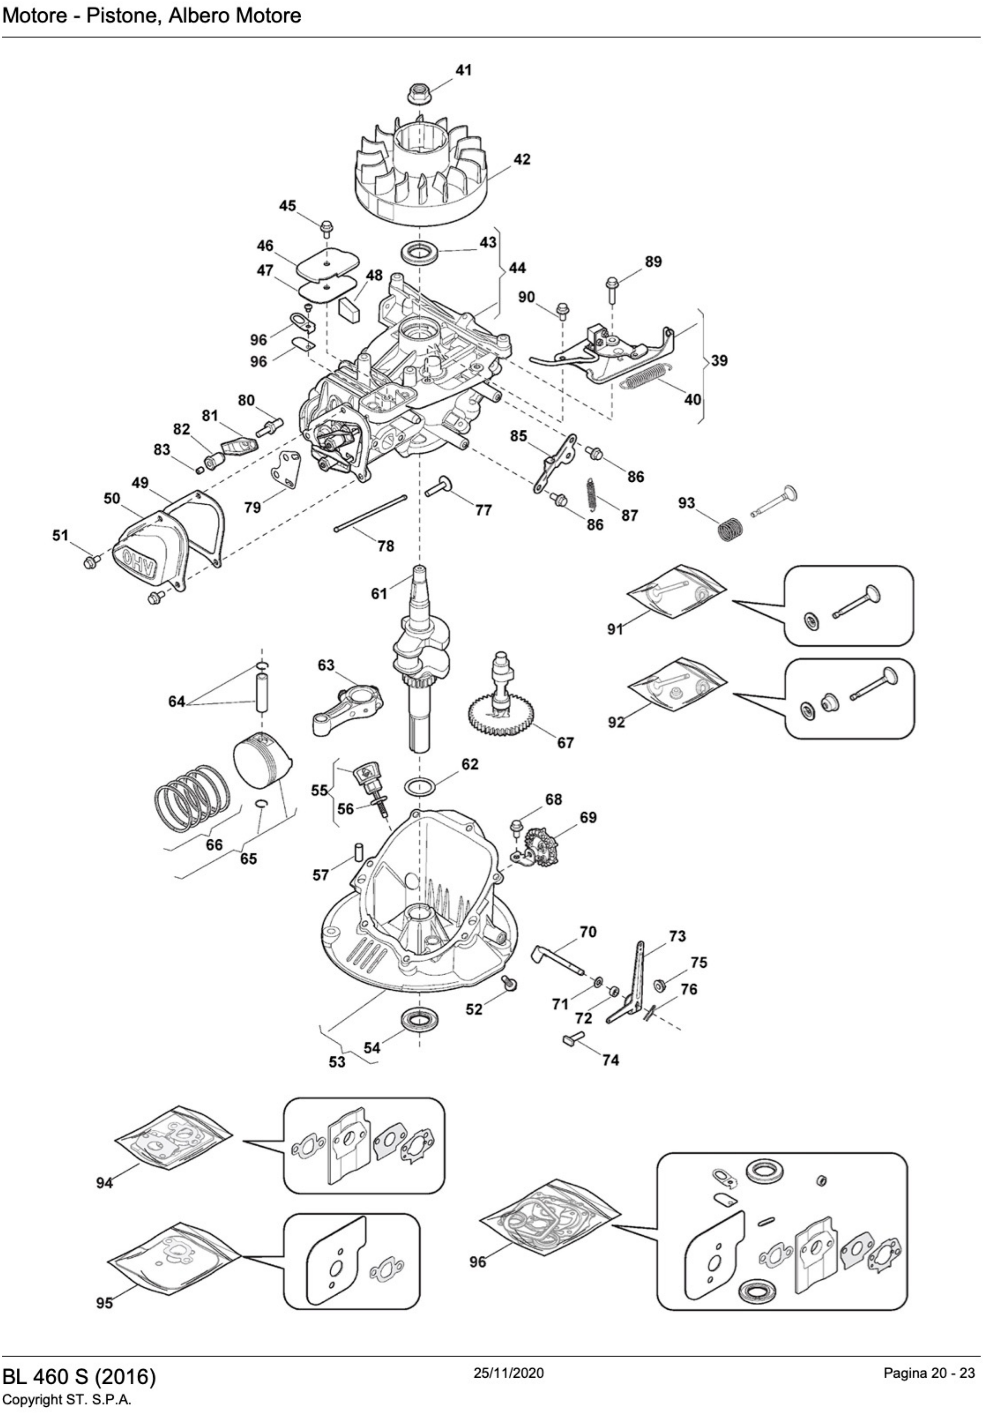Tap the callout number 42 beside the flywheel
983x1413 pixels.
(522, 160)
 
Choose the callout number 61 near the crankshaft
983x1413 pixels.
(379, 593)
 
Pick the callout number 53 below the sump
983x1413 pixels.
(337, 1062)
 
